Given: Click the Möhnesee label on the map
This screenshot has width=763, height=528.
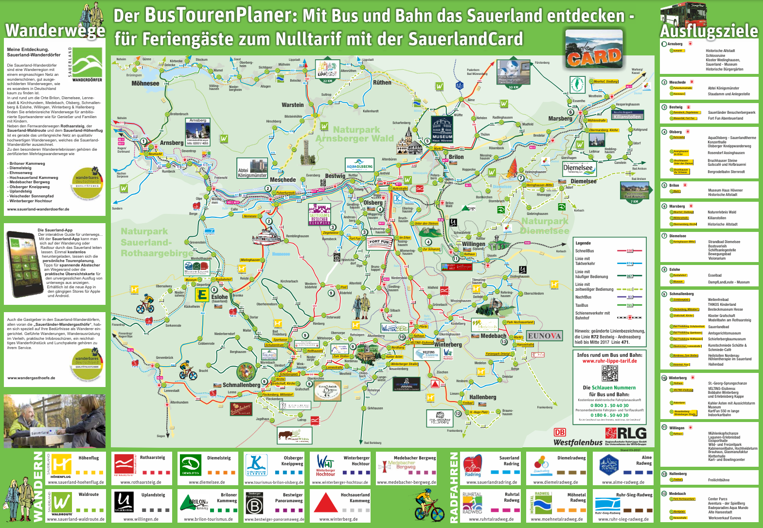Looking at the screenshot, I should click(145, 84).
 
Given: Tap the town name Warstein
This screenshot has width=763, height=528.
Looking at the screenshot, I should click(292, 105).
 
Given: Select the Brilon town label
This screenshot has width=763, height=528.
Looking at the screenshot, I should click(456, 157).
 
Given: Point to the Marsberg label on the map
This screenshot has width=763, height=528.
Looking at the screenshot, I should click(560, 119).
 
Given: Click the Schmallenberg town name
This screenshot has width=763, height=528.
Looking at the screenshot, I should click(241, 385).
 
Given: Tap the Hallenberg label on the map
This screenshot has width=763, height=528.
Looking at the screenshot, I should click(482, 397).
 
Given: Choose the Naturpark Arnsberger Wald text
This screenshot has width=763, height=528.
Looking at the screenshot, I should click(355, 134).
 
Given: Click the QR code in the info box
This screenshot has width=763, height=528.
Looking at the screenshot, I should click(609, 373).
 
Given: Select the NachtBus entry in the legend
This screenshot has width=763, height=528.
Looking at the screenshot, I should click(583, 297).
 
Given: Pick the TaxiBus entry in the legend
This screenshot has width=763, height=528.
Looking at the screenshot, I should click(582, 305).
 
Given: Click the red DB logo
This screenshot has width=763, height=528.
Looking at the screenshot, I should click(560, 433).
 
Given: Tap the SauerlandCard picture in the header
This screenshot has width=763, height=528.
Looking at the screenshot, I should click(594, 50).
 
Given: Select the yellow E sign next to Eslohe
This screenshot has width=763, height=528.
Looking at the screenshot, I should click(202, 295).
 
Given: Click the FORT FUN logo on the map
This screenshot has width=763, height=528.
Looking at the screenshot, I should click(379, 242).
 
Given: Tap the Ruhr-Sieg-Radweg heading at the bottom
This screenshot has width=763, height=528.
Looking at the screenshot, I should click(634, 494).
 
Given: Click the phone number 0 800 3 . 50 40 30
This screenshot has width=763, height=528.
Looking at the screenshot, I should click(609, 405).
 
